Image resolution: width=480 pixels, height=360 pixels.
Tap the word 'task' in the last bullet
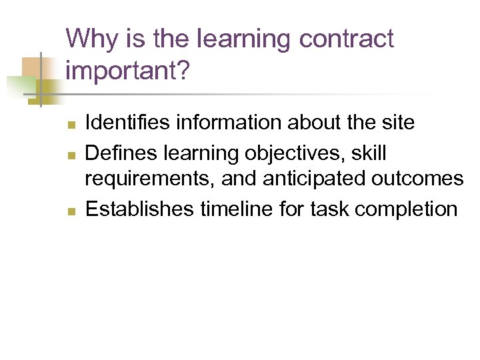click(331, 209)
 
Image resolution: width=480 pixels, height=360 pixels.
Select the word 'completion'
click(406, 209)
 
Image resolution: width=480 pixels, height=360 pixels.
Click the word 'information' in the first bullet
click(226, 123)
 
